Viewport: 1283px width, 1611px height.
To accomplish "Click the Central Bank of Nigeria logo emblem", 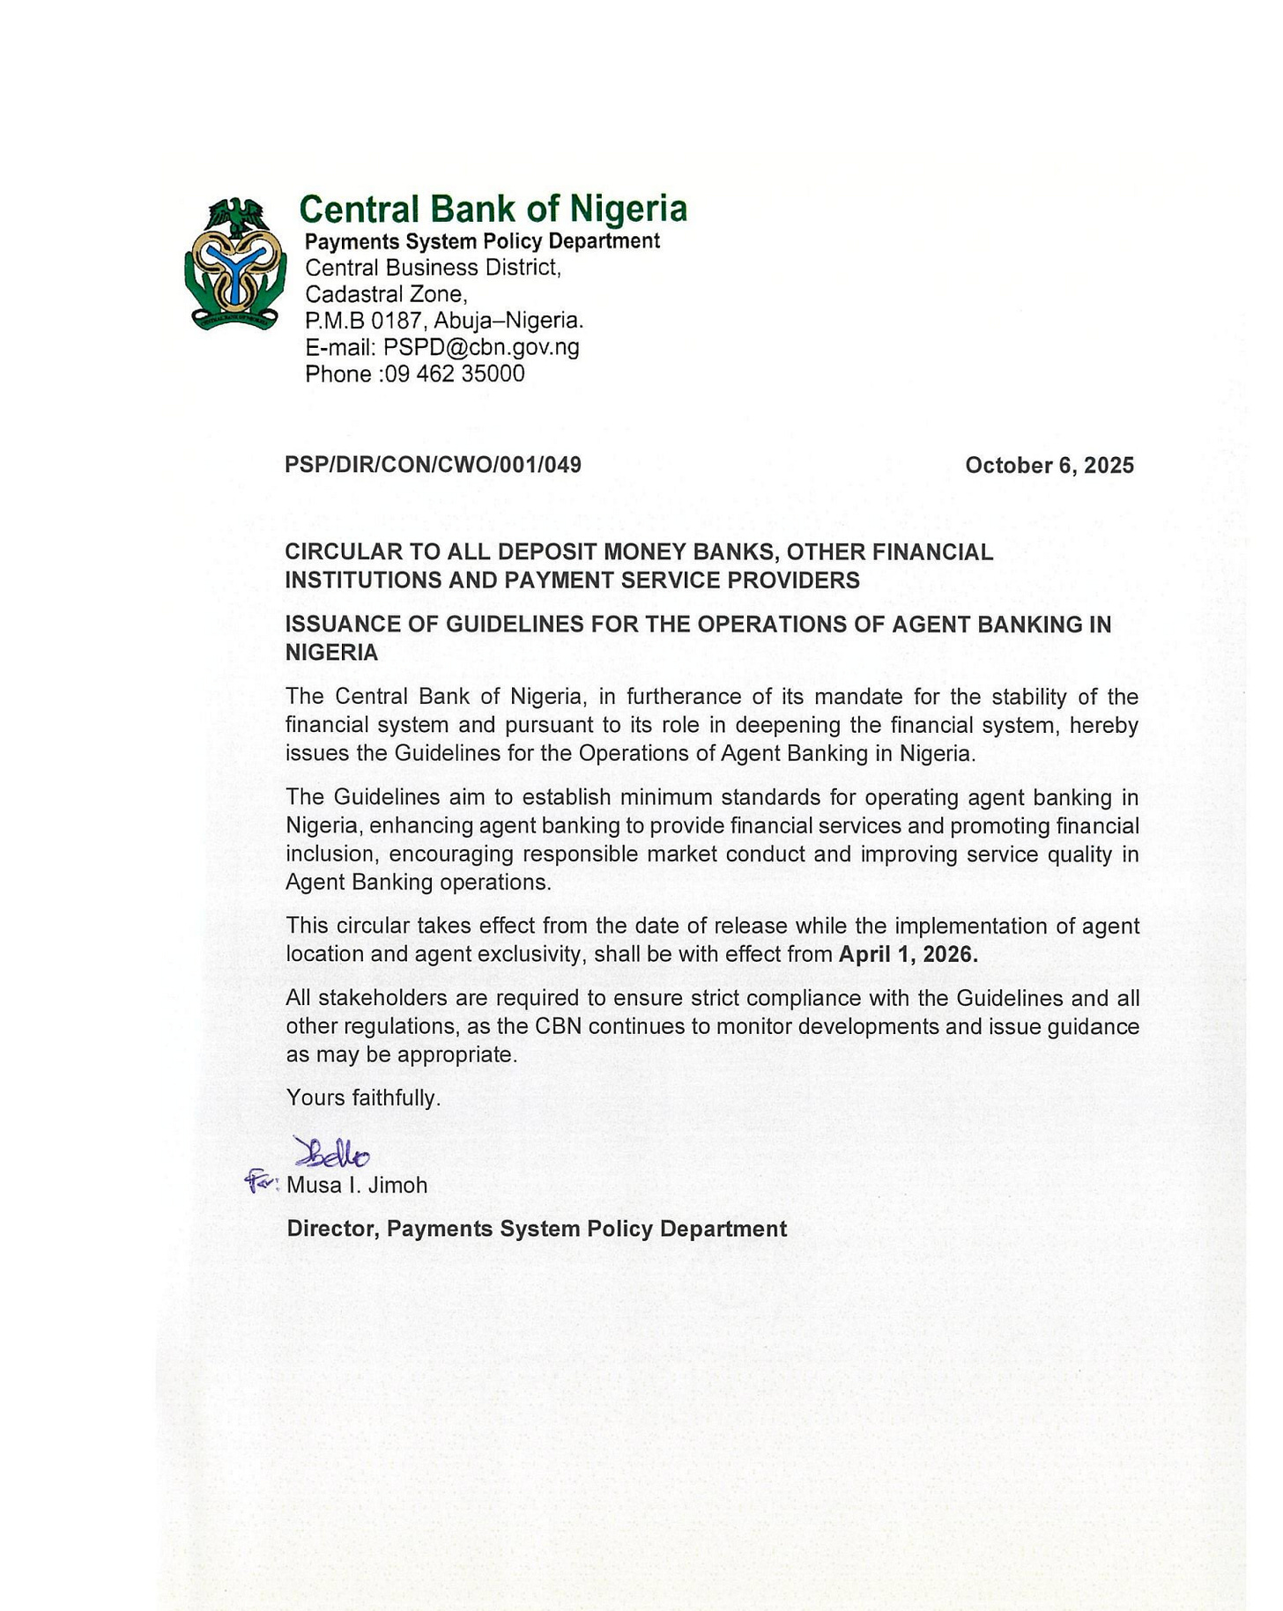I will pos(234,263).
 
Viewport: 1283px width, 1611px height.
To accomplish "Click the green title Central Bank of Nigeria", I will pos(493,210).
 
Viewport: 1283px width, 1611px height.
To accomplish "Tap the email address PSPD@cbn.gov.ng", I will pos(481,347).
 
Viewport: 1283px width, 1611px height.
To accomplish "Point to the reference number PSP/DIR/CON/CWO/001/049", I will pos(433,465).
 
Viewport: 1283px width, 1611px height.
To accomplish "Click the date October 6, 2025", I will pos(1049,465).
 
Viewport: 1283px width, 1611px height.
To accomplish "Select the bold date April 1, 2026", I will pos(908,955).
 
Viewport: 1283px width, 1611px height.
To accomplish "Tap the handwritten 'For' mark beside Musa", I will pos(262,1181).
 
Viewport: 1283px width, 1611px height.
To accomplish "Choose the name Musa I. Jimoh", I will pos(357,1186).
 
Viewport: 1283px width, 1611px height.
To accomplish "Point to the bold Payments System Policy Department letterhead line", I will pos(482,241).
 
